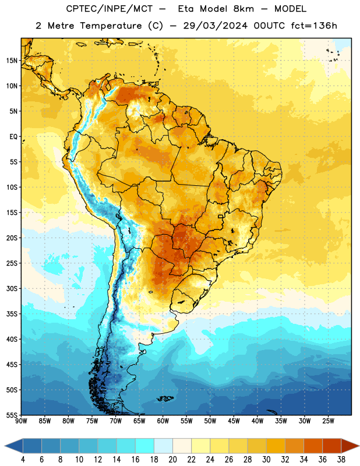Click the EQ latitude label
click(x=13, y=137)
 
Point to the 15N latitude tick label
click(x=12, y=61)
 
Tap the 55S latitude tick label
click(x=12, y=415)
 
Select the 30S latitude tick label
click(x=12, y=288)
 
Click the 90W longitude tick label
click(x=21, y=421)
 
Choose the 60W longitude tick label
click(x=163, y=421)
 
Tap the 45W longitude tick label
click(x=234, y=421)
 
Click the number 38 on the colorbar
click(x=341, y=460)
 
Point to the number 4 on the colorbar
click(x=23, y=460)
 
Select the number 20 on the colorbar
click(x=172, y=460)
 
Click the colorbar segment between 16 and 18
click(x=145, y=446)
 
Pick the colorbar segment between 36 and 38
click(x=332, y=446)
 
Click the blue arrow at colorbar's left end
click(x=14, y=446)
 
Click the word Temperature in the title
click(x=111, y=26)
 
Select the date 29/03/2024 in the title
click(x=216, y=26)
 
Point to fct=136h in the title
click(x=314, y=26)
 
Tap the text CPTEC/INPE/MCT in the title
click(x=109, y=9)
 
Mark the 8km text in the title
click(x=243, y=9)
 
